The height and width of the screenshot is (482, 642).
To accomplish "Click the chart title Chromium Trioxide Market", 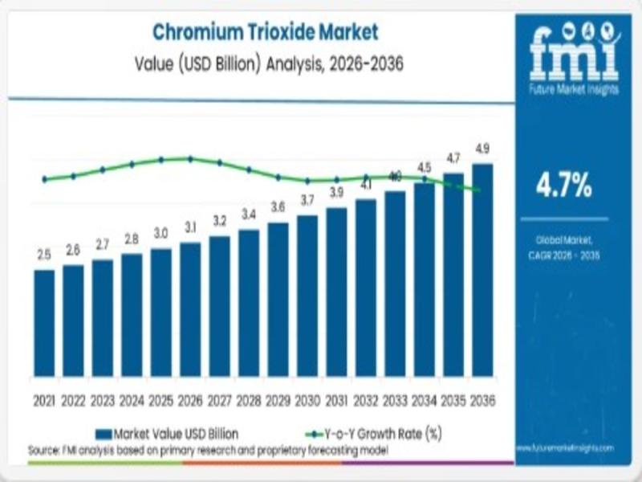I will tap(264, 33).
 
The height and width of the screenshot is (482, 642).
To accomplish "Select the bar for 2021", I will tap(44, 323).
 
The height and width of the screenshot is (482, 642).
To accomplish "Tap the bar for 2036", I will tap(482, 270).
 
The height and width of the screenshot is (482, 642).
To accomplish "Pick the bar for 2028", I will tap(249, 303).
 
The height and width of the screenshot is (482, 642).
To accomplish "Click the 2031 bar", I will tap(336, 292).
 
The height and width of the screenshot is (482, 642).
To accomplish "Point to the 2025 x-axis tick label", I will tap(160, 399).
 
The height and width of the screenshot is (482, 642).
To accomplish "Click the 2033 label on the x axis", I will tap(395, 399).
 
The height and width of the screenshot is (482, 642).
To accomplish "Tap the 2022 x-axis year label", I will tap(73, 399).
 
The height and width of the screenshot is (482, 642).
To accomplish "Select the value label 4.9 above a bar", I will tap(482, 149).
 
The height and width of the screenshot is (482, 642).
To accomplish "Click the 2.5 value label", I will tap(44, 255).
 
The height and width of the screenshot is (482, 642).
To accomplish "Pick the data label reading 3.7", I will tap(307, 200).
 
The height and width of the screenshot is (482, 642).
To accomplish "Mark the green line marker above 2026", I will tap(190, 158).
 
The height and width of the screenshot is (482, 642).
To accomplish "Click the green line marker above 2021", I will tap(44, 179).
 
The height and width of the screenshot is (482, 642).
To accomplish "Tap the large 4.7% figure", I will tap(564, 186).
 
